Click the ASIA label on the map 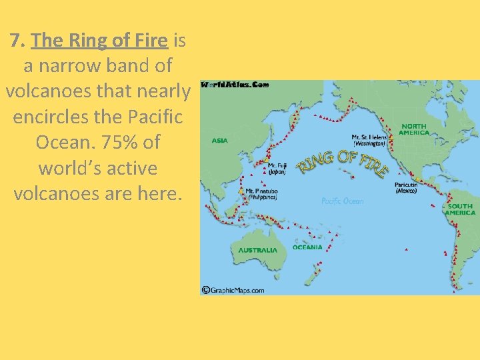pos(220,141)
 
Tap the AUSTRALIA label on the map pos(257,250)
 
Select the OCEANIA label pos(307,247)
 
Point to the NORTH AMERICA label pos(414,129)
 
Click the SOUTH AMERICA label pos(461,209)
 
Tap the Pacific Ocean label pos(343,201)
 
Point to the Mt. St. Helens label pos(369,137)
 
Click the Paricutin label pos(406,185)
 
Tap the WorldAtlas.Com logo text pos(235,85)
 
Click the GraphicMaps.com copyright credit pos(233,290)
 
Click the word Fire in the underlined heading pos(147,41)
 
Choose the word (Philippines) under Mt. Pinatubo pos(263,197)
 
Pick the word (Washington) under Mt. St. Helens pos(369,143)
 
